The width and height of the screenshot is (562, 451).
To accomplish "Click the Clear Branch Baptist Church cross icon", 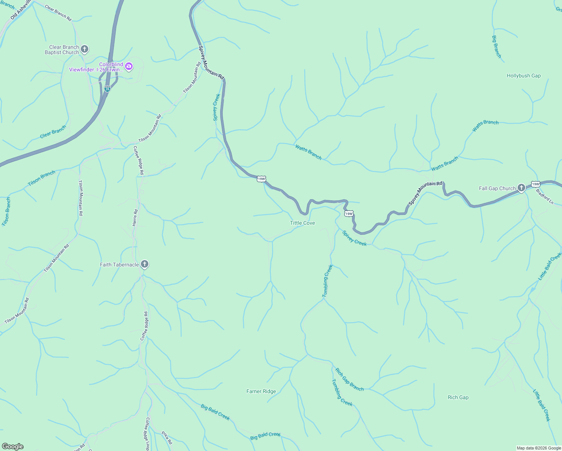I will (x=85, y=49).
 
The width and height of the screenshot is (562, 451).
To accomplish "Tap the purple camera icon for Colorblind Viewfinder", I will (x=129, y=67).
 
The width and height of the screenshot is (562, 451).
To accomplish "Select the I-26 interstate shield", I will (x=107, y=89).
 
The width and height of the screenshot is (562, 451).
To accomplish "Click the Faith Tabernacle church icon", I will (x=145, y=265).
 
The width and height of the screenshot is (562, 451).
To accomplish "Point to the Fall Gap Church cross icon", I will (x=521, y=188).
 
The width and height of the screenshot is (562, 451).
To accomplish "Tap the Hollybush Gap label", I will (x=523, y=76).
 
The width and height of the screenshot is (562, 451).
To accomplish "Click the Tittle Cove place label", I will (x=302, y=223).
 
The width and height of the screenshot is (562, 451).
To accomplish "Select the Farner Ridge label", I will (x=261, y=391).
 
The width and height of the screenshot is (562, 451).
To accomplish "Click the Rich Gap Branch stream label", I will (x=349, y=380).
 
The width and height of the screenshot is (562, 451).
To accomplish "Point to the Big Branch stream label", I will (x=496, y=47).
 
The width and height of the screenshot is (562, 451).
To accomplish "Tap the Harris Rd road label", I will (x=135, y=218).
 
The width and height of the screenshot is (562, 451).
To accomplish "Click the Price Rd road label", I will (x=167, y=437).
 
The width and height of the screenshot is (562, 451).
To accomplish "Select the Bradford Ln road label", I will (x=544, y=196).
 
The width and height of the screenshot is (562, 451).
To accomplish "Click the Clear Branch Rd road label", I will (x=58, y=12).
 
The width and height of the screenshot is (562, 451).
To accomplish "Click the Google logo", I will (x=13, y=446).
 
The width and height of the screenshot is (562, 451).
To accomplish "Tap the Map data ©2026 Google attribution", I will (x=538, y=448).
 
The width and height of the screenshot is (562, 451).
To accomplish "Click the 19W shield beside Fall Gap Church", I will (x=535, y=184).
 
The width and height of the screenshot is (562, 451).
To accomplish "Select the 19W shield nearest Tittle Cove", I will (x=349, y=214).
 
